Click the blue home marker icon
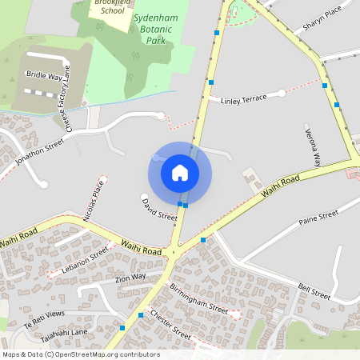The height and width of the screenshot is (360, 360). click(x=180, y=173)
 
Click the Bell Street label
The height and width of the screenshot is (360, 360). click(x=314, y=291)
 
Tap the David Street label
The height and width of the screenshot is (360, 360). click(x=160, y=210)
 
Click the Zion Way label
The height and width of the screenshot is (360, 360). click(x=130, y=278)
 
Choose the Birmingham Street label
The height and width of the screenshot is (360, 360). click(x=198, y=301)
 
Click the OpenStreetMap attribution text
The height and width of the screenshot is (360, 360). click(x=82, y=354)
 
